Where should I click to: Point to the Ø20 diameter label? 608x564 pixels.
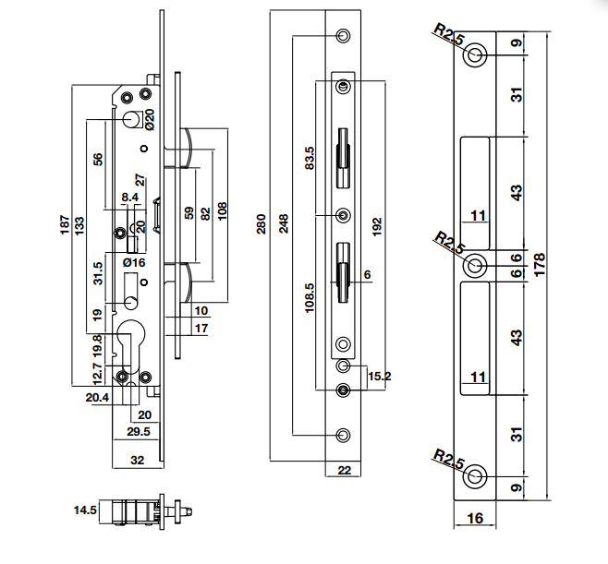[x=150, y=118]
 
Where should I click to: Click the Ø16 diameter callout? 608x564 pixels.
[x=134, y=263]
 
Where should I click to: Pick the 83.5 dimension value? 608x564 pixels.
[x=310, y=158]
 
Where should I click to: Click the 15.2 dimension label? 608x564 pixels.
[x=379, y=376]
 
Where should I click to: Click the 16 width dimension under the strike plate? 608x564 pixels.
[x=475, y=518]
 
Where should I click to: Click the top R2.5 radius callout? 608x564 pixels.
[x=447, y=36]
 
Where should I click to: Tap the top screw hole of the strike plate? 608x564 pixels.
[x=476, y=54]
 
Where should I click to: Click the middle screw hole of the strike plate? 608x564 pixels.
[x=476, y=266]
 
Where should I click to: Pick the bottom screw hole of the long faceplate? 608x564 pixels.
[x=344, y=435]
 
